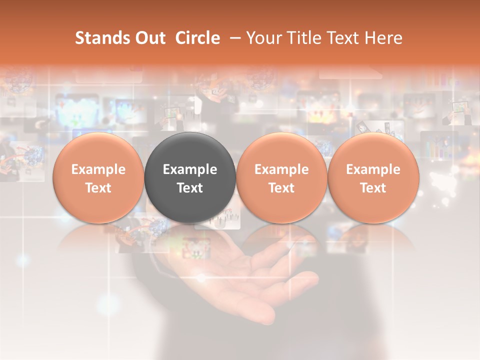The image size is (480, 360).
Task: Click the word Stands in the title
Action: pyautogui.click(x=98, y=38)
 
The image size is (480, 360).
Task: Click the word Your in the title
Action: pyautogui.click(x=262, y=38)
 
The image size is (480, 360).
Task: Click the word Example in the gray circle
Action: pyautogui.click(x=190, y=169)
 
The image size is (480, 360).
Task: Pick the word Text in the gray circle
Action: pyautogui.click(x=190, y=188)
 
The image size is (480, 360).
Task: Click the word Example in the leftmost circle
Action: pyautogui.click(x=98, y=169)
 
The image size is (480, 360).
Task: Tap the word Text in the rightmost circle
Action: pyautogui.click(x=373, y=188)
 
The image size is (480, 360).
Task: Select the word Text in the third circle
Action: pyautogui.click(x=281, y=188)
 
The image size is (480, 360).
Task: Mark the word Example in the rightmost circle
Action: pyautogui.click(x=373, y=169)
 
